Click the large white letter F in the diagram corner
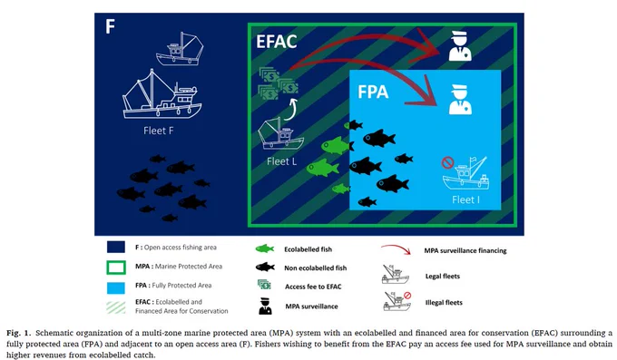[110, 26]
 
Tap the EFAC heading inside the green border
[276, 42]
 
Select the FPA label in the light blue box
[373, 92]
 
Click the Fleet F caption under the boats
[158, 131]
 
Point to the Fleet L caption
[281, 161]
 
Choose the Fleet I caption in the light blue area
[465, 199]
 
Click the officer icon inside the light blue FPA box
[460, 100]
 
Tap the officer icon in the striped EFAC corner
[460, 46]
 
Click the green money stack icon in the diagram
[278, 83]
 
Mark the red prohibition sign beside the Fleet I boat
[448, 162]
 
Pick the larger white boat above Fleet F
[162, 94]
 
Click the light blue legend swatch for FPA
[116, 287]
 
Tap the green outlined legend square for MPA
[116, 268]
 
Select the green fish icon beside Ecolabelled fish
[265, 248]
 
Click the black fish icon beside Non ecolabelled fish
[265, 268]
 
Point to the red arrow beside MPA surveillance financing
[397, 248]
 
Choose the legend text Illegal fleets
[444, 303]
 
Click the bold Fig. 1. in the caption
[18, 333]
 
